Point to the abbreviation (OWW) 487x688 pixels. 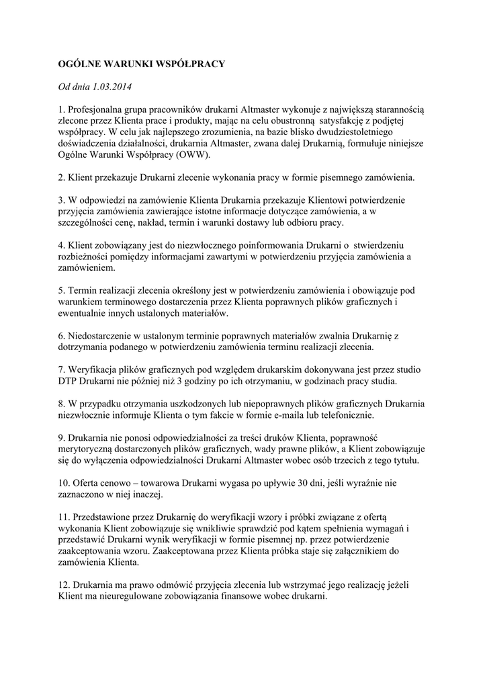click(192, 155)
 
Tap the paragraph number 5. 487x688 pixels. click(60, 291)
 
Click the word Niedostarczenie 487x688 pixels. click(100, 336)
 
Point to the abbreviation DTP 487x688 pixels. click(69, 382)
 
